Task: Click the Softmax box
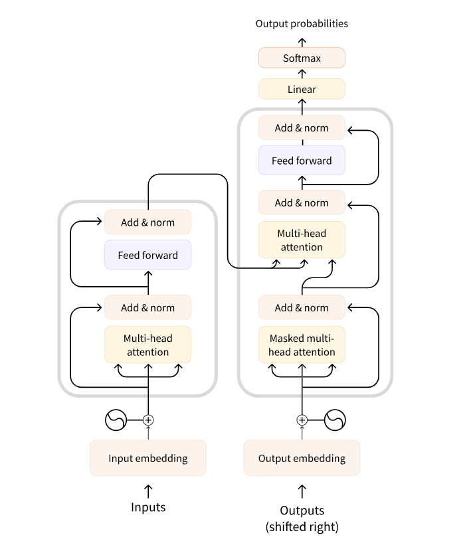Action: coord(302,58)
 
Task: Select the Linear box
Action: coord(302,89)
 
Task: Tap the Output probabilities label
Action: coord(302,24)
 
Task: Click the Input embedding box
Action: coord(148,458)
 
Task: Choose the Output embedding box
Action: coord(302,458)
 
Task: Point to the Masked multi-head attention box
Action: coord(302,345)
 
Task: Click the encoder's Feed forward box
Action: coord(147,255)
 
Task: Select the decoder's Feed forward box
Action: coord(302,161)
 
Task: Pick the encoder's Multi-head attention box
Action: coord(147,345)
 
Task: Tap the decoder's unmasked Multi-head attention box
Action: coord(302,240)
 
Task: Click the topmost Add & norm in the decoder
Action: coord(302,127)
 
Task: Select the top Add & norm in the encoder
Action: coord(147,222)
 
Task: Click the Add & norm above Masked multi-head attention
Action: coord(302,307)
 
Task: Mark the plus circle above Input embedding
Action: coord(148,420)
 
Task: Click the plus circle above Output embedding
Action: coord(302,420)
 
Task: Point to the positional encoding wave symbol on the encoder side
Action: coord(116,420)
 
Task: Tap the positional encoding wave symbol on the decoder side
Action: coord(335,420)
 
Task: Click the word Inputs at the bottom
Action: coord(148,508)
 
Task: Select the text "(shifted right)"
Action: coord(302,528)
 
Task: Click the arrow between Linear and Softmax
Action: coord(302,73)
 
